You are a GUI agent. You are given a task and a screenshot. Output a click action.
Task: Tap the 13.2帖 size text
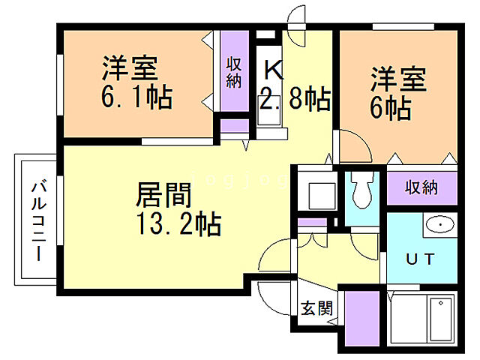point(178,223)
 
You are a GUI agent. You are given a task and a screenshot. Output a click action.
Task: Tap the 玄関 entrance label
point(313,307)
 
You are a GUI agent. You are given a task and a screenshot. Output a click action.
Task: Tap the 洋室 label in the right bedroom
point(398,79)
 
